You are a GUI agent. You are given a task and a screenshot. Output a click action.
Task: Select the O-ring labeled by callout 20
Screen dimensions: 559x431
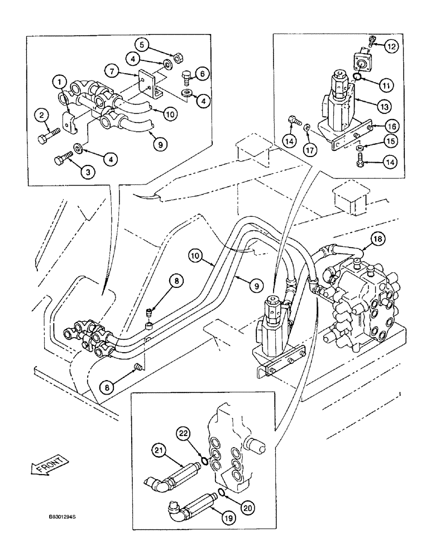tap(221, 492)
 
